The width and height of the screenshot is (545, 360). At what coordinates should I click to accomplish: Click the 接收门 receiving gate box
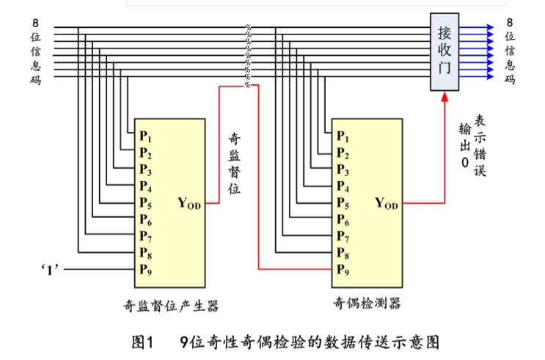445,51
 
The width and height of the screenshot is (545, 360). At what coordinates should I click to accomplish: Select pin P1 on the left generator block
145,136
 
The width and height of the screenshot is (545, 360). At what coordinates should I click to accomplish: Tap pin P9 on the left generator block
145,268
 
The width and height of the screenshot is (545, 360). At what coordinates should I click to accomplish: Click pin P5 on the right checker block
343,202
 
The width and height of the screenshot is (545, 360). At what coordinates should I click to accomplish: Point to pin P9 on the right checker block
343,269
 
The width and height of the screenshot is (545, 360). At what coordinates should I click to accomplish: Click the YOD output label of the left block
189,202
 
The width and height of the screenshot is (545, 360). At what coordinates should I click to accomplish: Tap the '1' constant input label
51,269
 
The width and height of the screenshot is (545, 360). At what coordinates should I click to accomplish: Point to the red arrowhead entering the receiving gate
444,98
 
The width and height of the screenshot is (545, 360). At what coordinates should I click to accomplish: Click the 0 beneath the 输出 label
464,164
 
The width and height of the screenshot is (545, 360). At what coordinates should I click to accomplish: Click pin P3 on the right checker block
343,169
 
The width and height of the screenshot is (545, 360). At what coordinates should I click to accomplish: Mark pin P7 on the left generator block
145,235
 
